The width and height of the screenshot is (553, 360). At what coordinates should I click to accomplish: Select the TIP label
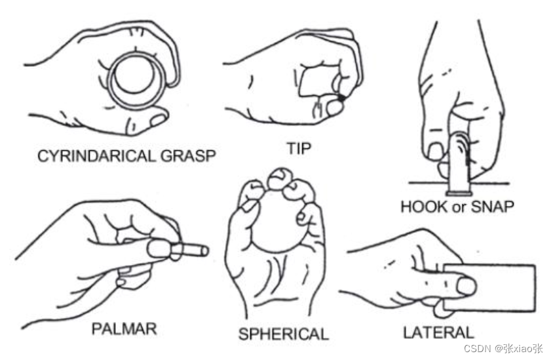pos(298,148)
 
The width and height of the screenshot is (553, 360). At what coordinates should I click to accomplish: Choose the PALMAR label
pos(124,328)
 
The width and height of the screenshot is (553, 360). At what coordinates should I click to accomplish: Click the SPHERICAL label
pos(283,334)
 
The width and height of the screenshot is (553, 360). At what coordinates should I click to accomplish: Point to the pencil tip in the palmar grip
pos(201,250)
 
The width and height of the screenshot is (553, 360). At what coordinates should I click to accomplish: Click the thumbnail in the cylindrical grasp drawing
pos(159,119)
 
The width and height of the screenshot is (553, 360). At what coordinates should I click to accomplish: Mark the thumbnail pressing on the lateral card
pos(466,285)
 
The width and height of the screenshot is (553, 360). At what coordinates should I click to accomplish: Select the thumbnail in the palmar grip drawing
pos(159,248)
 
